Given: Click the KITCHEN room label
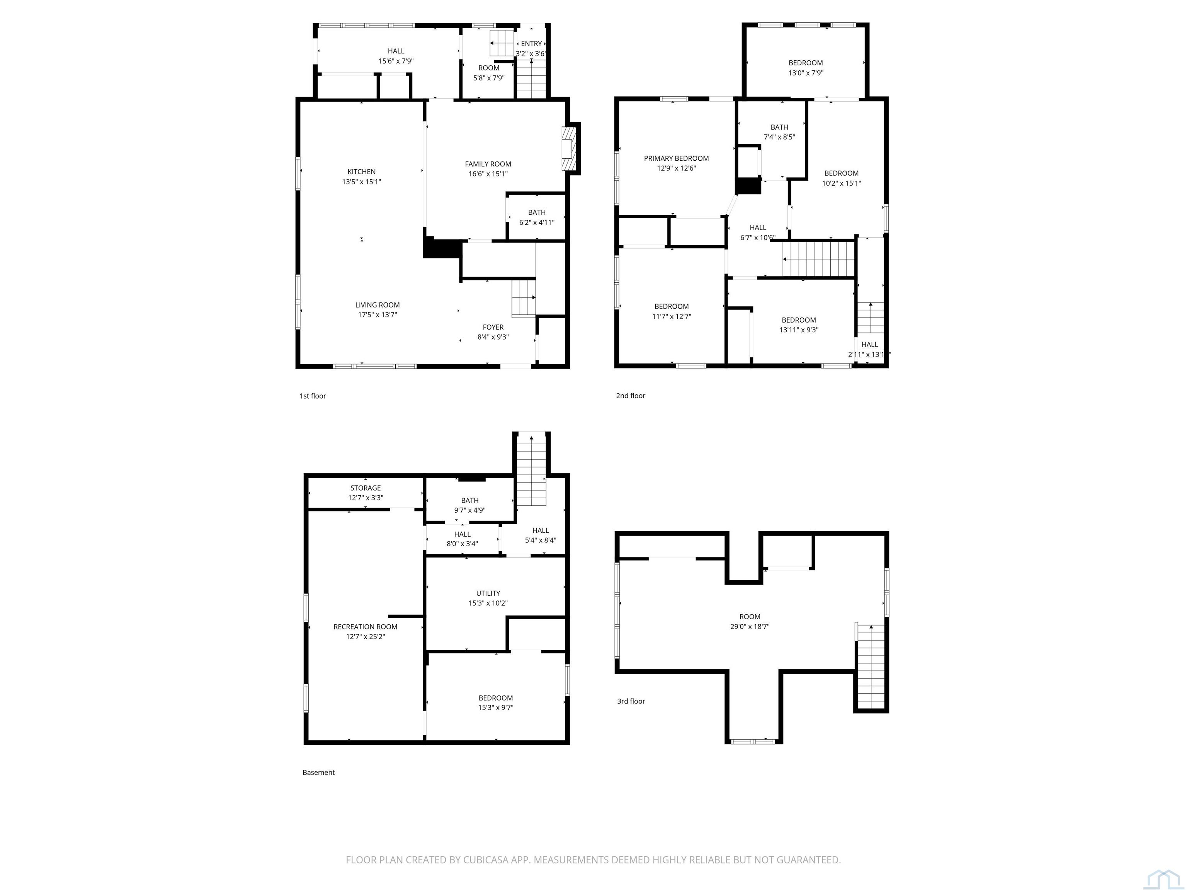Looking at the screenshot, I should click(x=361, y=172).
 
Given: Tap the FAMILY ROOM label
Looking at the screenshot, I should click(x=488, y=164).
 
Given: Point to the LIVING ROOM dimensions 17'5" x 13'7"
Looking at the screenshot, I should click(x=377, y=315).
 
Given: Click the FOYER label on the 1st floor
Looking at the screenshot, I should click(x=493, y=327).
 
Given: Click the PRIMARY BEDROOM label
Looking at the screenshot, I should click(x=676, y=158).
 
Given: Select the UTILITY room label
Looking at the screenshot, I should click(x=488, y=593).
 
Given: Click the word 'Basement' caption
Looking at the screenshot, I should click(x=318, y=773).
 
